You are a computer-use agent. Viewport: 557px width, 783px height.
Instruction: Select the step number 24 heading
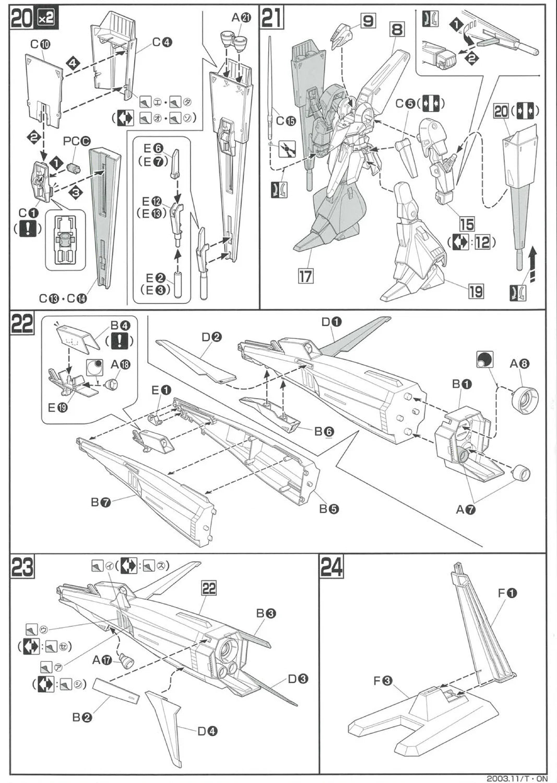click(331, 567)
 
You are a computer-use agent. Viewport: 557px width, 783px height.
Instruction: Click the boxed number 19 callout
click(476, 291)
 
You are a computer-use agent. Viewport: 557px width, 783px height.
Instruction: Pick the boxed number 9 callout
click(368, 21)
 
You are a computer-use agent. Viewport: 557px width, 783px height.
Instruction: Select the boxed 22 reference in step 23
click(209, 588)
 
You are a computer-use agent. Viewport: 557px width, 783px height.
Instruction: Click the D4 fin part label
click(207, 731)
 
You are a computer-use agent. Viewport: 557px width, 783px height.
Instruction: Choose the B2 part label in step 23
click(82, 717)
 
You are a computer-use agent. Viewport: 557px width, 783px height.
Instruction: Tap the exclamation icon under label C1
click(27, 229)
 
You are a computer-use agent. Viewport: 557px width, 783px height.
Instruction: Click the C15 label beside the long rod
click(286, 121)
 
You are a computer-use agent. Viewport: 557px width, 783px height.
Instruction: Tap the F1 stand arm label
click(507, 593)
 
